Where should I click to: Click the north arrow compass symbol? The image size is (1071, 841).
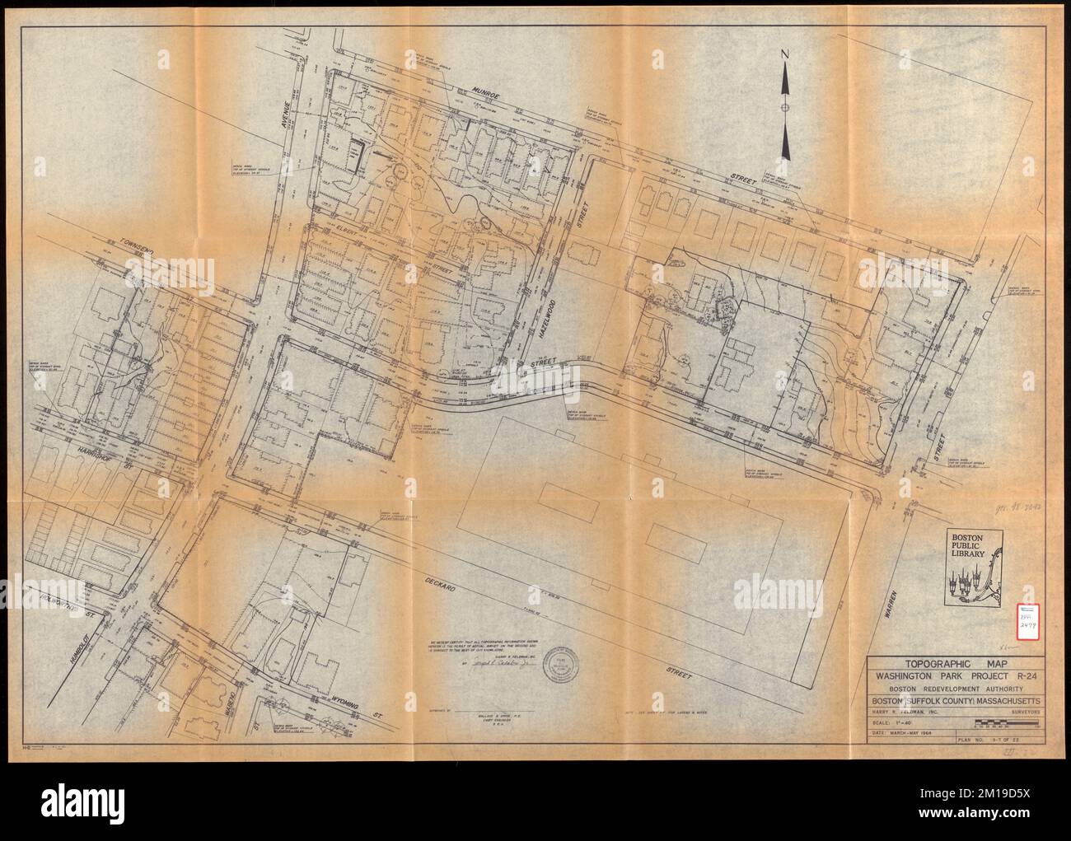point(786,106)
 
